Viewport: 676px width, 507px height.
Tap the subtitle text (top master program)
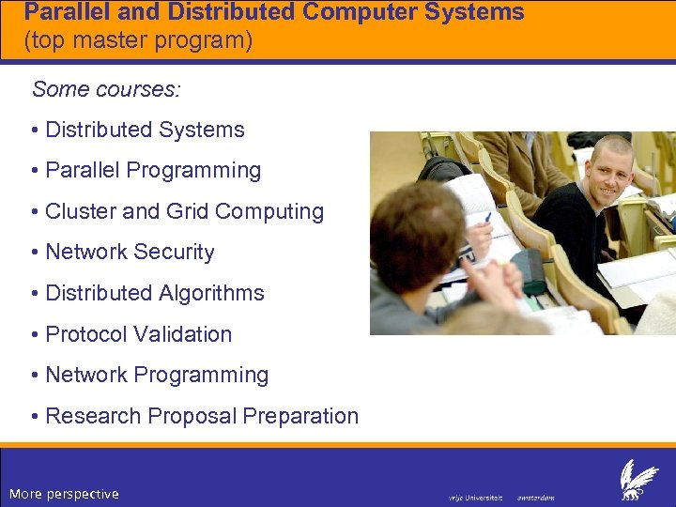tap(138, 41)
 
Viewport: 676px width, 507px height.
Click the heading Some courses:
tap(106, 89)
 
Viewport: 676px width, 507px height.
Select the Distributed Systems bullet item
tap(145, 131)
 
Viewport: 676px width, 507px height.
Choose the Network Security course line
tap(130, 253)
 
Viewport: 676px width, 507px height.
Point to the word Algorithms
tap(212, 293)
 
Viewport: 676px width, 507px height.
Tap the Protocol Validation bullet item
tap(138, 334)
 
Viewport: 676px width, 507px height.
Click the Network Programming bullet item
tap(157, 375)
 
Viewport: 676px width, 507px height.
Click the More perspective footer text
tap(64, 494)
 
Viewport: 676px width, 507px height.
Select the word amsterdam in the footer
tap(536, 498)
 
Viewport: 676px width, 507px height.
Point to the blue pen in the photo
tap(487, 218)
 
